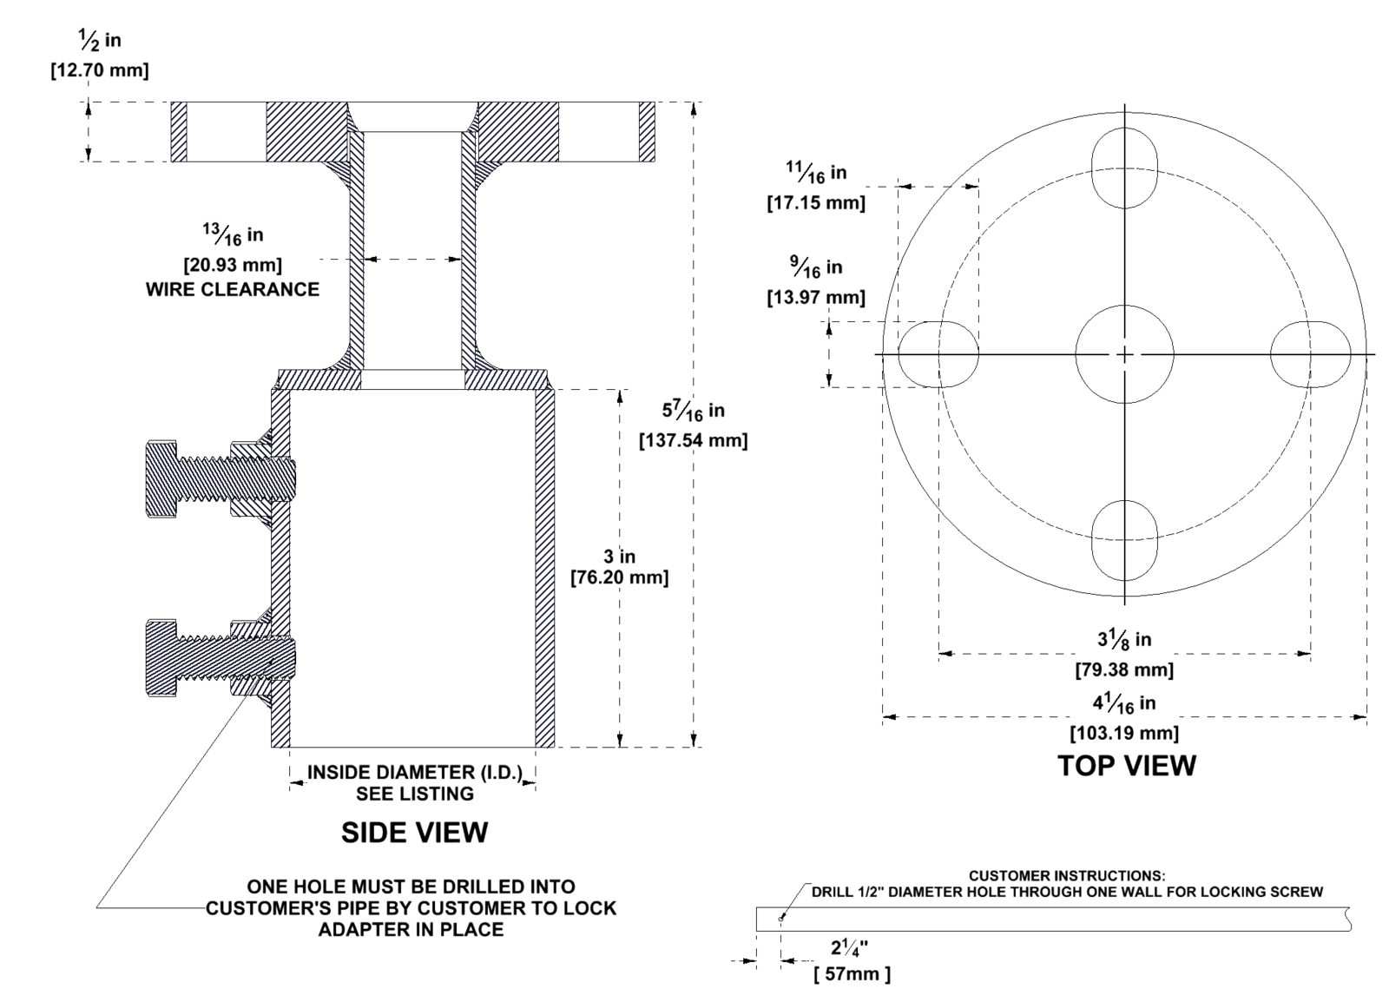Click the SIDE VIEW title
pos(414,832)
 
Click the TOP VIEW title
pos(1126,766)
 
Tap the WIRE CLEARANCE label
pos(233,289)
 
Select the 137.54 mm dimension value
pos(694,440)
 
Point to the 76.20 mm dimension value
pos(620,577)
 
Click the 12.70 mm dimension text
pos(100,70)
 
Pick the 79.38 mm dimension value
pos(1124,669)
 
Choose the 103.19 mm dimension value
pos(1124,733)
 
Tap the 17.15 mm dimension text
pos(816,203)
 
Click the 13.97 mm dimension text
pos(816,298)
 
